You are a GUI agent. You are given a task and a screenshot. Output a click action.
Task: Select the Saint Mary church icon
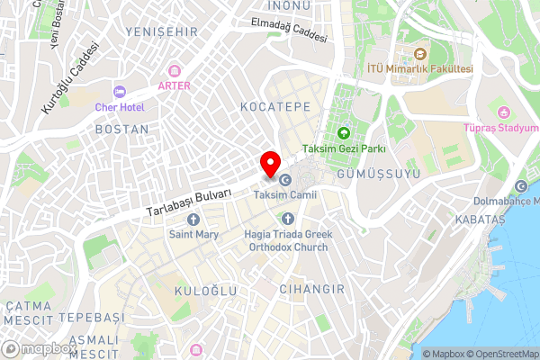pyautogui.click(x=193, y=220)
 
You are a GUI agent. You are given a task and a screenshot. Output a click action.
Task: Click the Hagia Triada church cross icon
pyautogui.click(x=288, y=219)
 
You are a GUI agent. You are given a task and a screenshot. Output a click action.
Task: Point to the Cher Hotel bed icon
pyautogui.click(x=120, y=91)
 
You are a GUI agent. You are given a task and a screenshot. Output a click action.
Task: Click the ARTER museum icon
pyautogui.click(x=174, y=70)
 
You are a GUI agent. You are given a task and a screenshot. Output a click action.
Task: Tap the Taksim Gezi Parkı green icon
pyautogui.click(x=343, y=134)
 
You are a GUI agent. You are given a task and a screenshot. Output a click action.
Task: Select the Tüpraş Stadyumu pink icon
pyautogui.click(x=504, y=113)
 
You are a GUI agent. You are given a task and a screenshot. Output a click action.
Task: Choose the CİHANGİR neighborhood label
pyautogui.click(x=312, y=289)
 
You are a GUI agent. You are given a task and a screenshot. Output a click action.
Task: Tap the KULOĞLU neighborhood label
pyautogui.click(x=204, y=291)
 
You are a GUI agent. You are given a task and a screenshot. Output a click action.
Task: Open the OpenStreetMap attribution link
pyautogui.click(x=503, y=354)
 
